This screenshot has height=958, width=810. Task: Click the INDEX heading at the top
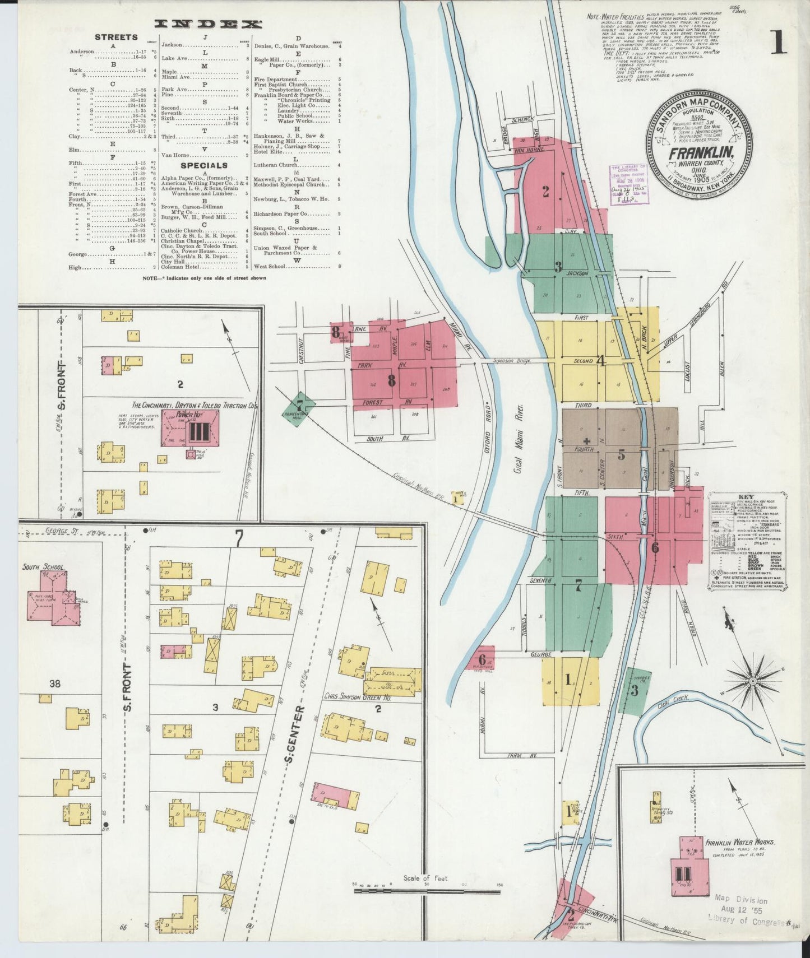coord(209,24)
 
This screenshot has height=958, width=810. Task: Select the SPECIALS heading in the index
coord(203,165)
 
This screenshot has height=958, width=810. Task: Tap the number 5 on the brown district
coord(621,455)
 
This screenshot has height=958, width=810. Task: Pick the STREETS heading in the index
coord(116,37)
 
